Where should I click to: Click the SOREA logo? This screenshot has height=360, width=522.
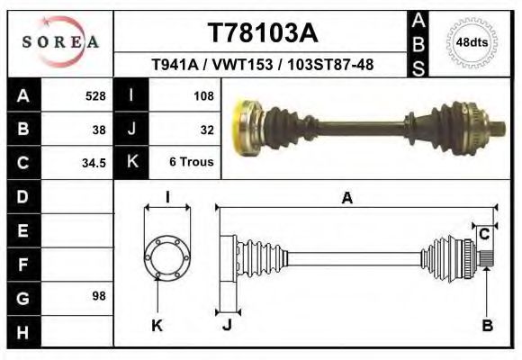[60, 41]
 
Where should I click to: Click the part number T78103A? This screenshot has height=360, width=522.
[263, 33]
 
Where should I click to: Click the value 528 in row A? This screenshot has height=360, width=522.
[95, 94]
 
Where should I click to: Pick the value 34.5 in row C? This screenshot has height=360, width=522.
[95, 163]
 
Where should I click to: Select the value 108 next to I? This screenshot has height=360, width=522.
[202, 94]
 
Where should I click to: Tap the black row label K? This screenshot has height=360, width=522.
[132, 163]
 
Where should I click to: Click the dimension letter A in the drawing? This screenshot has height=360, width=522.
[346, 199]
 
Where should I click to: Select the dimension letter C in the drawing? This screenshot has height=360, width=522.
[484, 234]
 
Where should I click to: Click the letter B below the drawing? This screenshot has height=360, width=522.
[487, 326]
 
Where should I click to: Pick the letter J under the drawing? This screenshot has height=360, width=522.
[227, 326]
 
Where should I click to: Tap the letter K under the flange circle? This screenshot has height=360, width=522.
[157, 326]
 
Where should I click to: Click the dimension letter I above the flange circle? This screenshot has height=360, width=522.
[167, 197]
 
